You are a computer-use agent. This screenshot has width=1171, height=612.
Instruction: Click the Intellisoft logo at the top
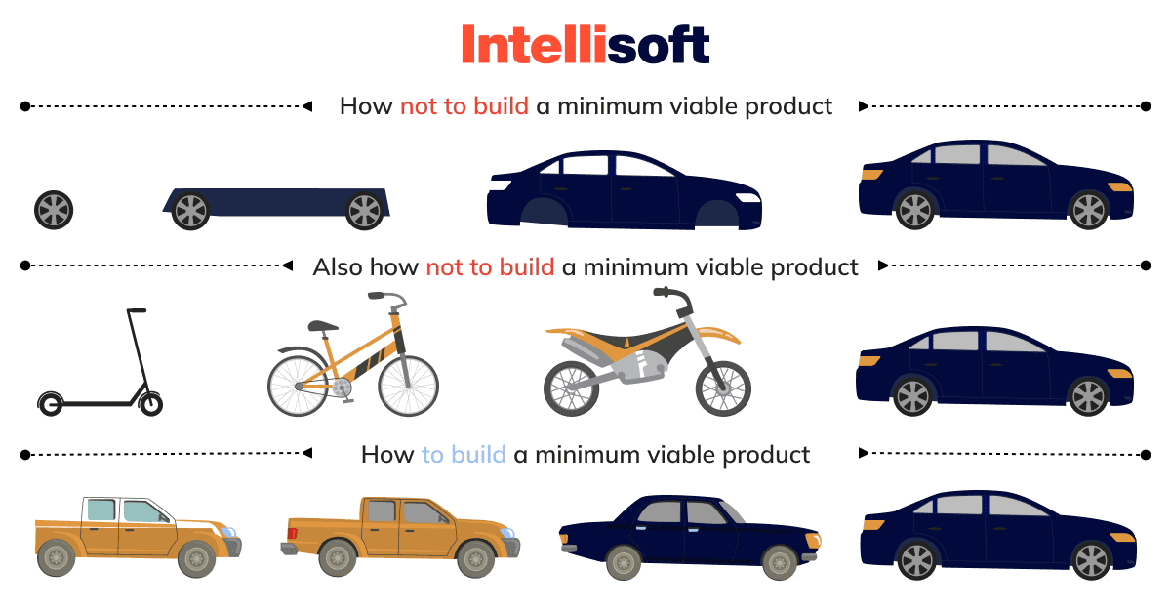click(x=585, y=45)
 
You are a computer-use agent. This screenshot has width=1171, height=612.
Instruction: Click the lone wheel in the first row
click(x=54, y=210)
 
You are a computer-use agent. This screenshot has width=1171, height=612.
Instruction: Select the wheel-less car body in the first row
click(x=625, y=190)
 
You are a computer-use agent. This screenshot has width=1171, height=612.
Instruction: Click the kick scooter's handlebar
click(x=137, y=310)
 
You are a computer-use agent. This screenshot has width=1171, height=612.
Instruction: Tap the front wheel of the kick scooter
click(x=151, y=404)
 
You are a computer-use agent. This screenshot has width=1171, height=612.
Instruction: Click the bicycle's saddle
click(x=323, y=326)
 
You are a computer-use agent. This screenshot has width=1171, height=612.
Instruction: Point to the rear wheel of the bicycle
click(x=298, y=386)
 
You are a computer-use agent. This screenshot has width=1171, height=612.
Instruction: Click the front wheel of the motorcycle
click(x=723, y=388)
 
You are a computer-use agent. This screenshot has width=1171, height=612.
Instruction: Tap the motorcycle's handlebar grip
click(x=662, y=291)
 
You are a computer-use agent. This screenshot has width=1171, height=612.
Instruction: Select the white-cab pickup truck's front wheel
click(x=196, y=559)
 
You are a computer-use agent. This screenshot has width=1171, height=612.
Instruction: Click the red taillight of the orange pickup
click(x=292, y=534)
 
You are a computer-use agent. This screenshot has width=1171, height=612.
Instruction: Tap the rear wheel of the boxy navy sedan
click(x=624, y=563)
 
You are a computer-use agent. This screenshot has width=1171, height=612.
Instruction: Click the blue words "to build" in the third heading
click(x=464, y=455)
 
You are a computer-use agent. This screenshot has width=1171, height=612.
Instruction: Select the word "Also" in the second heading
click(x=338, y=266)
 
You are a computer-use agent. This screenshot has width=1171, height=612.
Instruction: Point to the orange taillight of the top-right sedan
click(x=870, y=174)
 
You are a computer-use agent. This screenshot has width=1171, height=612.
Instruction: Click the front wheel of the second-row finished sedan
click(x=1088, y=397)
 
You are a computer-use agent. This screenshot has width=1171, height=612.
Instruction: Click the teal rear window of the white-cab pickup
click(x=101, y=510)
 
